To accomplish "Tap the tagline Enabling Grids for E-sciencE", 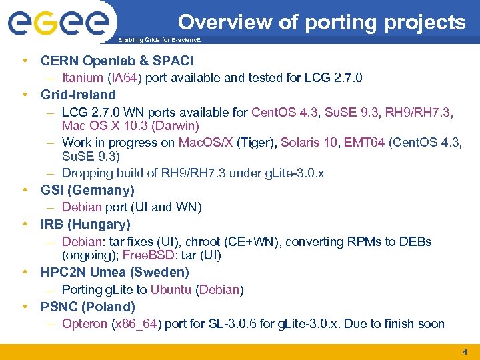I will tap(159, 41).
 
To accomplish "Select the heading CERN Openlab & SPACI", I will tap(117, 61).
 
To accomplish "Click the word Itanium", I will tap(82, 78).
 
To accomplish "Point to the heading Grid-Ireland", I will tap(78, 95).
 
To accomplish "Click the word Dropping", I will tap(88, 173).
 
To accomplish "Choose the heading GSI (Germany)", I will tap(87, 190).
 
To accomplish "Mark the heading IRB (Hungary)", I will tap(85, 224).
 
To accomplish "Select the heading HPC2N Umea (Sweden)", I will tap(115, 272).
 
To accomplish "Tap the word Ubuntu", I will tap(171, 289).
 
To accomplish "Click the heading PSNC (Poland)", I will tap(87, 307).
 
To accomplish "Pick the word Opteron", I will tap(85, 324).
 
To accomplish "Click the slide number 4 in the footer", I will tap(465, 352).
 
